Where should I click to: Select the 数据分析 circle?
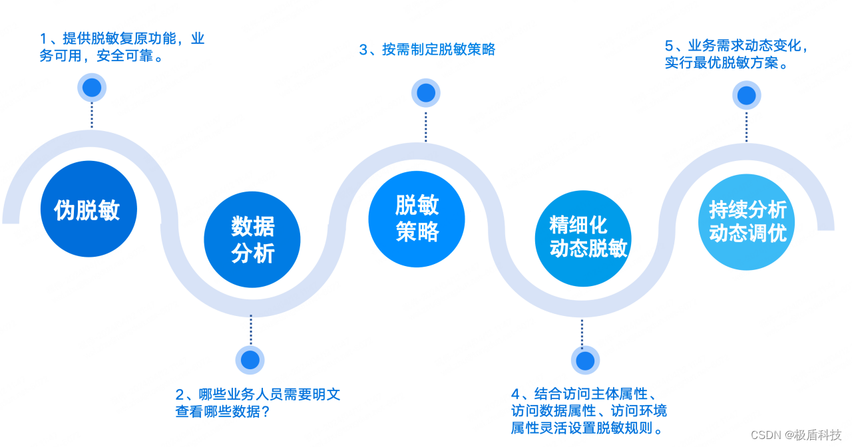[252, 239]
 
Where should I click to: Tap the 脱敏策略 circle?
[417, 219]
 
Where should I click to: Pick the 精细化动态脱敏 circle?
[583, 238]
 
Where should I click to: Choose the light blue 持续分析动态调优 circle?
[747, 222]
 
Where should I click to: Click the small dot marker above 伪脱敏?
[92, 88]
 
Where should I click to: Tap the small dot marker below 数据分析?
[250, 360]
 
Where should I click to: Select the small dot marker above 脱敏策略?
[426, 93]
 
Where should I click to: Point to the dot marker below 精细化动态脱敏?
[585, 361]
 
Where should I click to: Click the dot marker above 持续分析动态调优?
[747, 96]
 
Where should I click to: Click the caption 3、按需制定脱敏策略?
[427, 50]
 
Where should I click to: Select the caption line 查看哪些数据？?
[222, 412]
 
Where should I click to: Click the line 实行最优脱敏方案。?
[727, 64]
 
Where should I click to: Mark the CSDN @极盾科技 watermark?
[796, 435]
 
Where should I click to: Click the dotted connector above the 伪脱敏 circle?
[92, 115]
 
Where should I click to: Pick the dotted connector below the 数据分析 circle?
[251, 329]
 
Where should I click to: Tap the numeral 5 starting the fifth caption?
[669, 47]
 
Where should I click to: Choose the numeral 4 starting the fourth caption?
[515, 394]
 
